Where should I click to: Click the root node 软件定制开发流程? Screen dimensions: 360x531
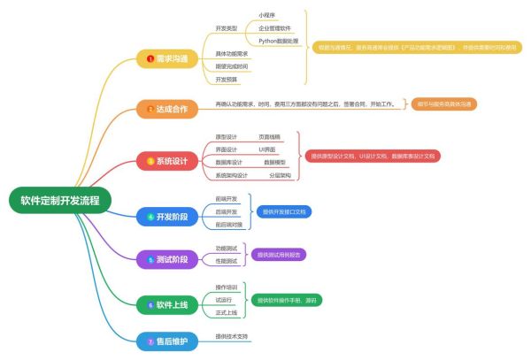point(61,200)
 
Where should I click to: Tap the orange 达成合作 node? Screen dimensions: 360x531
point(168,109)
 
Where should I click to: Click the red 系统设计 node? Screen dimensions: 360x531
point(168,161)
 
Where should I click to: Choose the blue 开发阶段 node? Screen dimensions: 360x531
point(168,216)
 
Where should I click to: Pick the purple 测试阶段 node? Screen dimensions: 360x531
point(168,260)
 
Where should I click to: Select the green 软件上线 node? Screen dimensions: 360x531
point(168,304)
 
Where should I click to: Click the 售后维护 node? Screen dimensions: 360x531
point(168,341)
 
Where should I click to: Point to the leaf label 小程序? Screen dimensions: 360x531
point(266,15)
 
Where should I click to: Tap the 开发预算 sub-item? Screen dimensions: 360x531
point(226,79)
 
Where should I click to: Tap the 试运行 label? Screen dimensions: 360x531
point(223,300)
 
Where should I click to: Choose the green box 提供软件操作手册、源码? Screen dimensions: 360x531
point(288,300)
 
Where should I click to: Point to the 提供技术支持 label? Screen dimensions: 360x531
point(232,337)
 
